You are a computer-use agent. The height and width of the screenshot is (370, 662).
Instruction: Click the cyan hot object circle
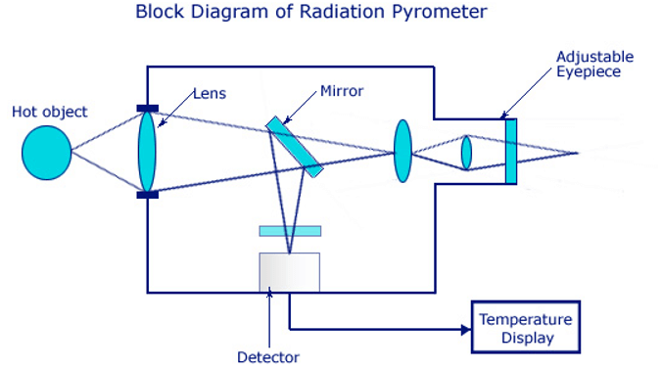[46, 154]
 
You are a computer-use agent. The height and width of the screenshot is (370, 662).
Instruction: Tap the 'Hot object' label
[49, 112]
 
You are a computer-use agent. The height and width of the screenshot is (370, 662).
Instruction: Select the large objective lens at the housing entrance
[147, 151]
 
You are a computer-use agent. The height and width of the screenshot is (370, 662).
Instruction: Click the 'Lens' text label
[210, 94]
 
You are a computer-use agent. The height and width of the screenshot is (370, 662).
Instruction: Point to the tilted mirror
[294, 147]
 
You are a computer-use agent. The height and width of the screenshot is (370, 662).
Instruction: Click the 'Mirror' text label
[342, 91]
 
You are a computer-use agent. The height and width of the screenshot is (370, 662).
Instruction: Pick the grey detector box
[289, 271]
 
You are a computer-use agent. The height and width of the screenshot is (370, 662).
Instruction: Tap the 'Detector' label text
[268, 357]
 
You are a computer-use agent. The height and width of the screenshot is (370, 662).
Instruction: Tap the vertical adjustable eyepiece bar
[510, 151]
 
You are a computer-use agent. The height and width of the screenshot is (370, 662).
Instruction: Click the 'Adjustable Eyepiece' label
[594, 65]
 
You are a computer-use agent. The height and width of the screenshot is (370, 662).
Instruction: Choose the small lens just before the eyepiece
[466, 153]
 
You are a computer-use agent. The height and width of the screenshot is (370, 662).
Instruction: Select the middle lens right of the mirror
[402, 151]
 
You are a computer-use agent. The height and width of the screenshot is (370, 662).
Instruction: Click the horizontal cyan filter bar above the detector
[289, 231]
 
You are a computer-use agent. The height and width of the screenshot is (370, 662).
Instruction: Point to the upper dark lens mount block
[147, 107]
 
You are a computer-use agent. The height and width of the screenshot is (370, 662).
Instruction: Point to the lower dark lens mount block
[147, 195]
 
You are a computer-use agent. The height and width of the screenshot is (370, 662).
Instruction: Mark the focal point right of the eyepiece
[576, 153]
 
